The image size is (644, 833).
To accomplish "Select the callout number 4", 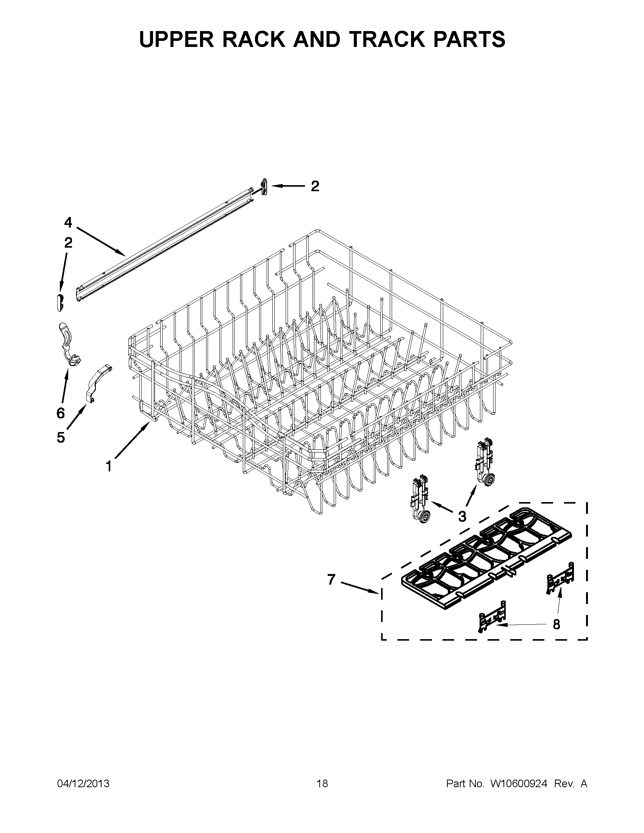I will tap(68, 222).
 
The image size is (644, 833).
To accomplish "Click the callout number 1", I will tap(109, 466).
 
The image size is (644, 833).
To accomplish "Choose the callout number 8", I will tap(556, 624).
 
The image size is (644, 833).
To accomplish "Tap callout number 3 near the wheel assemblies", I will tap(462, 516).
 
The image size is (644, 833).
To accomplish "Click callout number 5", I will tap(61, 437).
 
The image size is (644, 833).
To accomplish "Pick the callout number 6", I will tap(61, 413).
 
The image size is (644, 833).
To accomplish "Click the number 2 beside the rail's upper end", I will tap(315, 186).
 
